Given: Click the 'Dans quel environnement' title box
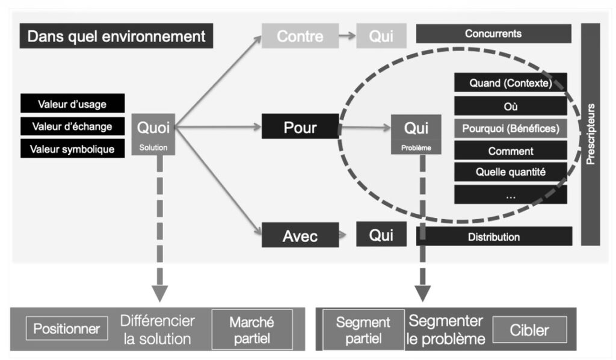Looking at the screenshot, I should (x=116, y=37).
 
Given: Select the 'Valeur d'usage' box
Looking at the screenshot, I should (x=72, y=104).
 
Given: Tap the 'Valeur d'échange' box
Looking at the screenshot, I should (x=72, y=126).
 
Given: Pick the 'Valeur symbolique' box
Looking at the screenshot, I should (x=72, y=148).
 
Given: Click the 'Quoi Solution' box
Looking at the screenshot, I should (x=153, y=134).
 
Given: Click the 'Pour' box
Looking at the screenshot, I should (x=300, y=128).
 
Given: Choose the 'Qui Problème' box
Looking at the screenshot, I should (x=416, y=134).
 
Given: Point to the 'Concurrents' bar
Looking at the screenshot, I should (x=493, y=34).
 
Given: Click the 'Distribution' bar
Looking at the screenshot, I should (x=493, y=237).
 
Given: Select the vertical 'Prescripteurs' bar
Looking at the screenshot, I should (x=590, y=134).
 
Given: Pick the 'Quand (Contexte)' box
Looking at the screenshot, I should (x=510, y=83).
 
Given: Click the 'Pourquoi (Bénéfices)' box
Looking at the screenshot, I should (x=510, y=128).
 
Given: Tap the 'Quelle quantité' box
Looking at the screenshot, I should (x=510, y=172).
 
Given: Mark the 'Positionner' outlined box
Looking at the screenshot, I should (x=67, y=329).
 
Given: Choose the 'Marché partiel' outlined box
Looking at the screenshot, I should (x=251, y=329).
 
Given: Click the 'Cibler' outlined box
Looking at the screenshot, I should (x=529, y=329).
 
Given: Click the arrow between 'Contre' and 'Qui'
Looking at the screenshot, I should (x=346, y=36).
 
